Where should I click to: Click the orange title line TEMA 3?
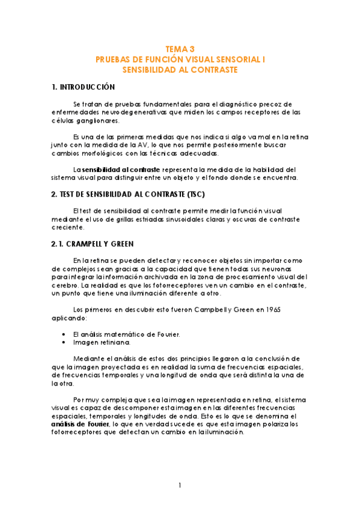(x=180, y=50)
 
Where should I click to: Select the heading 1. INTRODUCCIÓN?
(x=84, y=88)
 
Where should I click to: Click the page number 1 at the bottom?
(x=180, y=485)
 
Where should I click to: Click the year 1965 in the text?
(x=273, y=310)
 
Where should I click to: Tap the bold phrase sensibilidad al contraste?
(x=121, y=170)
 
